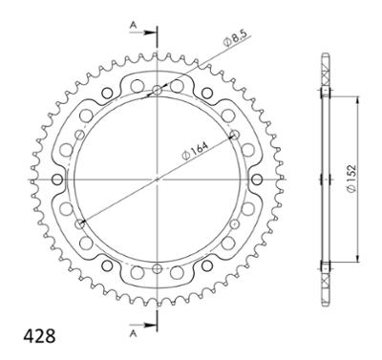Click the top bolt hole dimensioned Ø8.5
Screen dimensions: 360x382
tap(155, 92)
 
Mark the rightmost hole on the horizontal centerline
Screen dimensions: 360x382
tap(254, 180)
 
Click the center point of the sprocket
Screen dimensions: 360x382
tap(155, 180)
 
